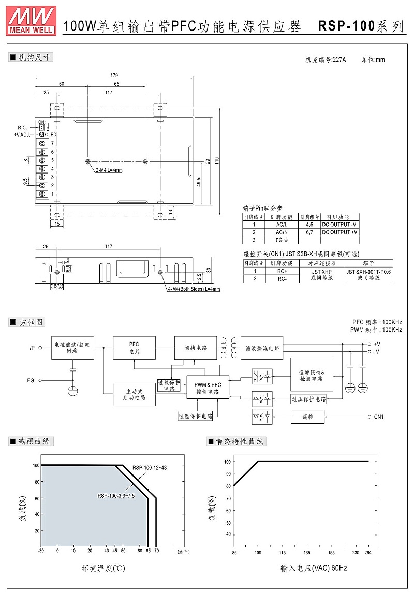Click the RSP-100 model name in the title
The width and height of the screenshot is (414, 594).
pos(346,26)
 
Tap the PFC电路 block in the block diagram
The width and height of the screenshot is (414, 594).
pos(134,348)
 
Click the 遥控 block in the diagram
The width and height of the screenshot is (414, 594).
pos(307,417)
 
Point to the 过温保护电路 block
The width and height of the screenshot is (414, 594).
pos(195,415)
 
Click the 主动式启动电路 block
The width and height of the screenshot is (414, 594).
pos(134,394)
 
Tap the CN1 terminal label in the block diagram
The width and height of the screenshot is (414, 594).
pos(378,417)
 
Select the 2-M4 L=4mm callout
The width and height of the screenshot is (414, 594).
pos(109,170)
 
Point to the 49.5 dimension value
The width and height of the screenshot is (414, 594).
pos(199,183)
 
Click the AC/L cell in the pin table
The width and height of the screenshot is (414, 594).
pos(279,225)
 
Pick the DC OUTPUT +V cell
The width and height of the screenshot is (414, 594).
pos(339,232)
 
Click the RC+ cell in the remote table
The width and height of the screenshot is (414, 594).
pos(282,271)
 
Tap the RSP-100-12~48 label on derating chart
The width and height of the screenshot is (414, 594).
pos(150,468)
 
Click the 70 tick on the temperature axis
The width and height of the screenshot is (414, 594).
pos(156,552)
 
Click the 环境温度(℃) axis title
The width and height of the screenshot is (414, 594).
pos(103,568)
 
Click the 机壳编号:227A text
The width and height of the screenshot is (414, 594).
pos(326,60)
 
